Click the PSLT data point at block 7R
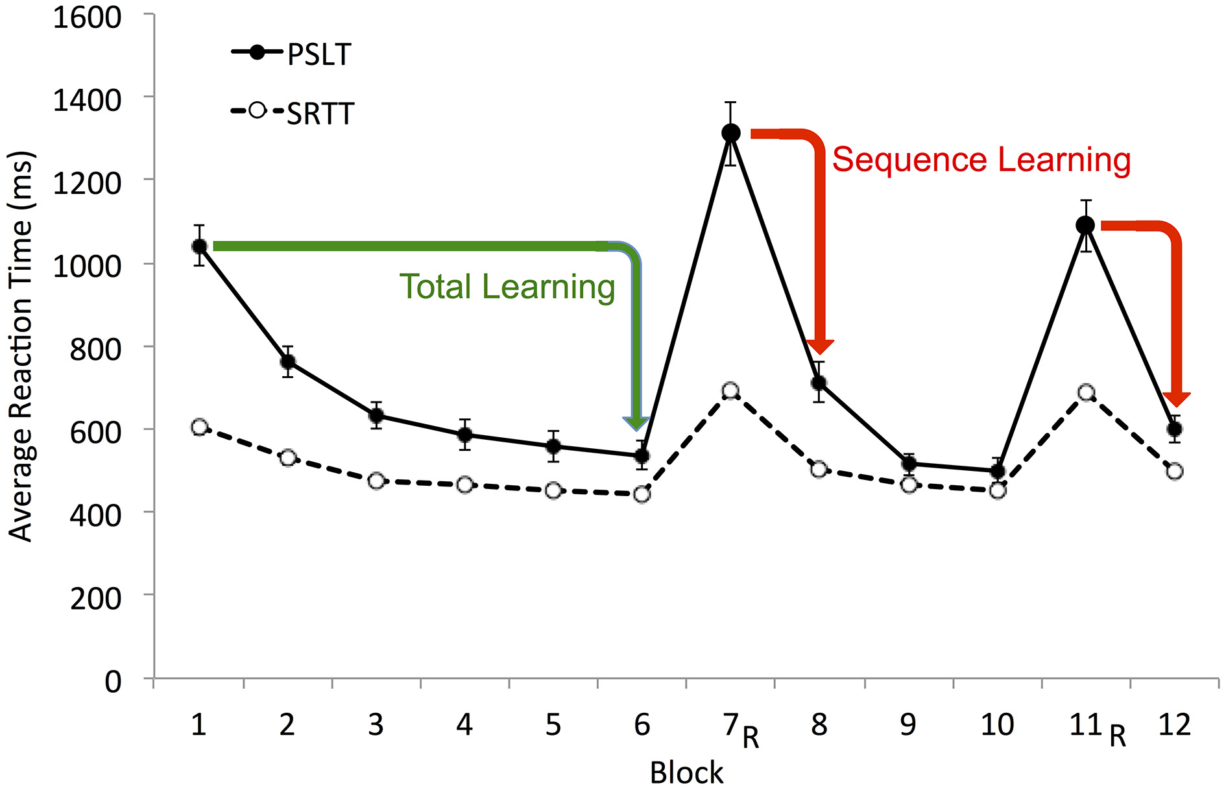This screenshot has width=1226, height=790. click(730, 133)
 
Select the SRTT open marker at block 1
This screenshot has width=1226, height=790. click(199, 427)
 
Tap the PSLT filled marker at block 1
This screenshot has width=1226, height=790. click(199, 246)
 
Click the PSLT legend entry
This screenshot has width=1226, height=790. click(292, 54)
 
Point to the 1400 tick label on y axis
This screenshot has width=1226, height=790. click(87, 101)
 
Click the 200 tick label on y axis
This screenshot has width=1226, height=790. click(95, 598)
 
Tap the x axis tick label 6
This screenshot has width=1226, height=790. click(642, 724)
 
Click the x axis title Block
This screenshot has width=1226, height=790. click(686, 772)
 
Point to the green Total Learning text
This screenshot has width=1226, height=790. click(507, 287)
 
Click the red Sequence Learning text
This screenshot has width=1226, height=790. click(981, 160)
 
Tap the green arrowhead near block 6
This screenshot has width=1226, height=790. click(636, 423)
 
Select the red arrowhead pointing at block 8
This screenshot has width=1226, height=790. click(820, 346)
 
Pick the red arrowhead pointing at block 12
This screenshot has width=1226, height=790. click(1175, 399)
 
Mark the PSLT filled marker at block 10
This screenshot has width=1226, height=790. click(998, 471)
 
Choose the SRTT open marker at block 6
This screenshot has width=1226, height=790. click(642, 494)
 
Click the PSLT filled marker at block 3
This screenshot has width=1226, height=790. click(376, 415)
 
